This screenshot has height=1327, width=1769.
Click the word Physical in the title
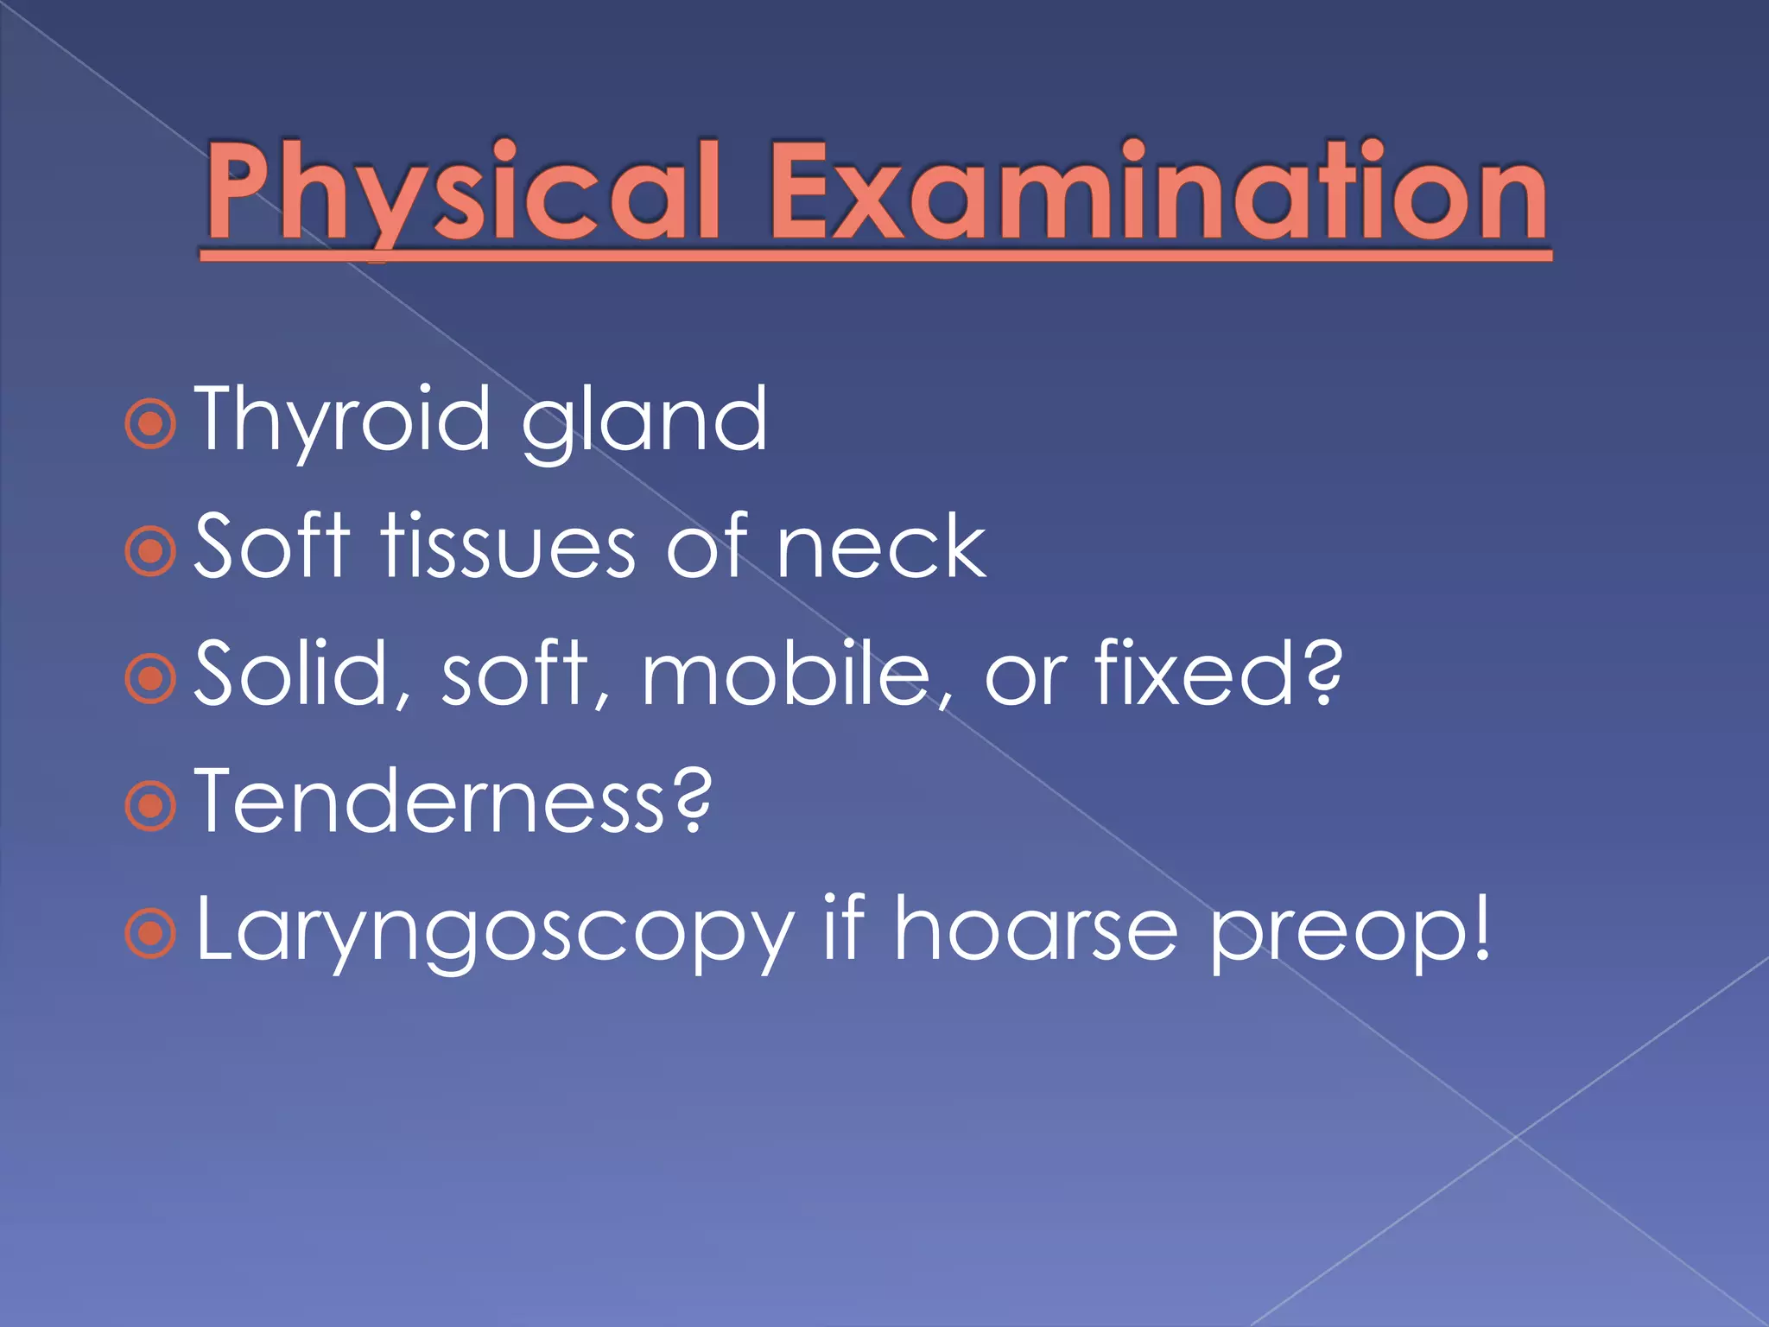coord(463,192)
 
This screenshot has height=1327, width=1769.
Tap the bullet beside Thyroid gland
coord(150,423)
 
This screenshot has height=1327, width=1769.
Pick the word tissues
coord(510,546)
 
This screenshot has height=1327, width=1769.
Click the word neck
coord(881,546)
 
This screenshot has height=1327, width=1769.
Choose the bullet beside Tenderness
coord(150,806)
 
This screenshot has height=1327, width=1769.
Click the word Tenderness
coord(432,802)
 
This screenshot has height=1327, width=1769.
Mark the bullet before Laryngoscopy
coord(150,934)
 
